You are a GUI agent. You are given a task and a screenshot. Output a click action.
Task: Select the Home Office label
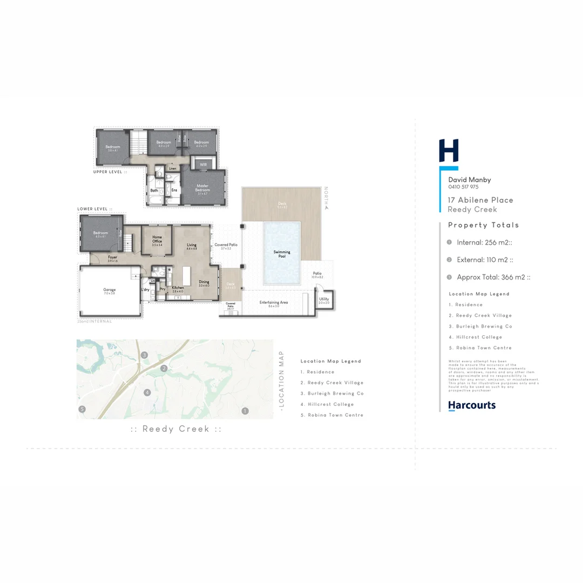pyautogui.click(x=157, y=239)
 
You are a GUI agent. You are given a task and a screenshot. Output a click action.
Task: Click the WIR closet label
pyautogui.click(x=204, y=164)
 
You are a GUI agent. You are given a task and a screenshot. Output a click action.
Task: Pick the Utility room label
pyautogui.click(x=324, y=300)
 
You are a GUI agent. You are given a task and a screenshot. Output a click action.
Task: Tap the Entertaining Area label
pyautogui.click(x=274, y=303)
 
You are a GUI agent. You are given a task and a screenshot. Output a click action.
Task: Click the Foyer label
pyautogui.click(x=112, y=258)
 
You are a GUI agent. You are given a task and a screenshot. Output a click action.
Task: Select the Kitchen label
pyautogui.click(x=178, y=288)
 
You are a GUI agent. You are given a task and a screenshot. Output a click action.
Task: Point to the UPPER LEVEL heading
pyautogui.click(x=110, y=172)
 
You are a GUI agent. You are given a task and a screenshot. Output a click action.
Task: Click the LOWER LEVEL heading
pyautogui.click(x=95, y=208)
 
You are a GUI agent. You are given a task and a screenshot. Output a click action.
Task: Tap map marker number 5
pyautogui.click(x=82, y=409)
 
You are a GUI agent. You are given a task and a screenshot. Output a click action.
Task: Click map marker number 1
pyautogui.click(x=245, y=411)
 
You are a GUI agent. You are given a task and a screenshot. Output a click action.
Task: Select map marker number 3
pyautogui.click(x=145, y=355)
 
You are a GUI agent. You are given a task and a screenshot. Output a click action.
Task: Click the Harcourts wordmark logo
pyautogui.click(x=471, y=405)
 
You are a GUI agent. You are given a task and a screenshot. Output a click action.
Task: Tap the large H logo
pyautogui.click(x=449, y=151)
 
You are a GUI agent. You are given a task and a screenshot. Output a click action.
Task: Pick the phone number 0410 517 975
pyautogui.click(x=463, y=187)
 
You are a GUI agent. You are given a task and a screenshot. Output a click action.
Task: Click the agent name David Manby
pyautogui.click(x=470, y=180)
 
